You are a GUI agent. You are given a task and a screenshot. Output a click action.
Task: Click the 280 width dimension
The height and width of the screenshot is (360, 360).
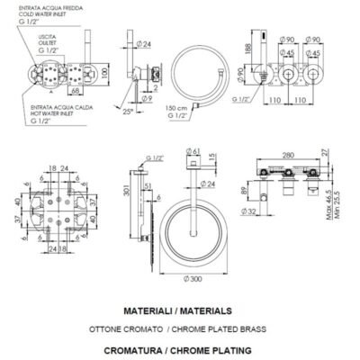tap(287, 156)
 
